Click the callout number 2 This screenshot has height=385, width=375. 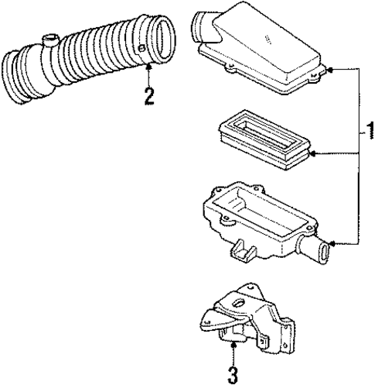pos(148,96)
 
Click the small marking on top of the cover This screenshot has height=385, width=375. pos(267,38)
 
